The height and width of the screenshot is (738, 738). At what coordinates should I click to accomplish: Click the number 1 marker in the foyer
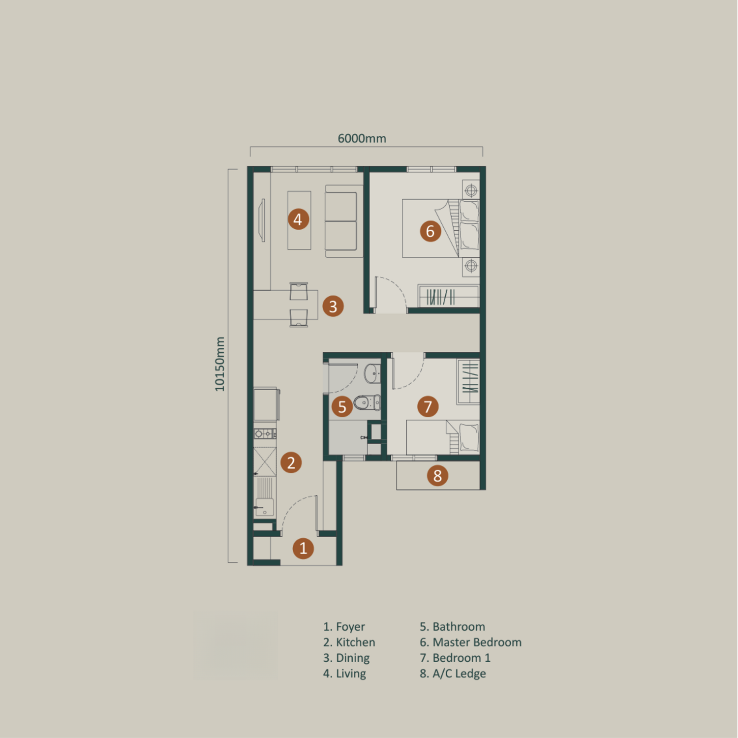303,548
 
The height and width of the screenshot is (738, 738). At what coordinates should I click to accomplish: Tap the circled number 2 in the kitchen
291,462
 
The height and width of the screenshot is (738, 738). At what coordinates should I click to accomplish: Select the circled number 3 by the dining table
333,306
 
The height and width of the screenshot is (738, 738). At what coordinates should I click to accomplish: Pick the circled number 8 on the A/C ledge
437,476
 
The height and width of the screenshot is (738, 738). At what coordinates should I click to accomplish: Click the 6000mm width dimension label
362,138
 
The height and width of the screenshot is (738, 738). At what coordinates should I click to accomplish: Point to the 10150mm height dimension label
219,364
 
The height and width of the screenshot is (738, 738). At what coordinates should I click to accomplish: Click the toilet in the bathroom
367,402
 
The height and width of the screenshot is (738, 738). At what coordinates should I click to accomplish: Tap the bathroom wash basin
372,373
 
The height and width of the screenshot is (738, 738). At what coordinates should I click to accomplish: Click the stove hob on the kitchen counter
265,433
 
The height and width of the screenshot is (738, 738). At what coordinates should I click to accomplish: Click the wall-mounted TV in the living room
263,220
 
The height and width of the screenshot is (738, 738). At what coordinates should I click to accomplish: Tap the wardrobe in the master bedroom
448,296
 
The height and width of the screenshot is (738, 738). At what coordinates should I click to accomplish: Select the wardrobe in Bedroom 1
468,382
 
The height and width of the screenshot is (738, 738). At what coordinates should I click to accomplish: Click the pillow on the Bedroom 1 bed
469,437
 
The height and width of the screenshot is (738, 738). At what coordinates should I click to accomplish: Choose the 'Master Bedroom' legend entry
471,642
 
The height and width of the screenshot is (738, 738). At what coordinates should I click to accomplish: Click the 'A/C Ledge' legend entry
453,674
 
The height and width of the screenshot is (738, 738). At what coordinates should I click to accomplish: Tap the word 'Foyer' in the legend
350,627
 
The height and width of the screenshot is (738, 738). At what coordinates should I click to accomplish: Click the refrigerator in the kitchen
266,404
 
